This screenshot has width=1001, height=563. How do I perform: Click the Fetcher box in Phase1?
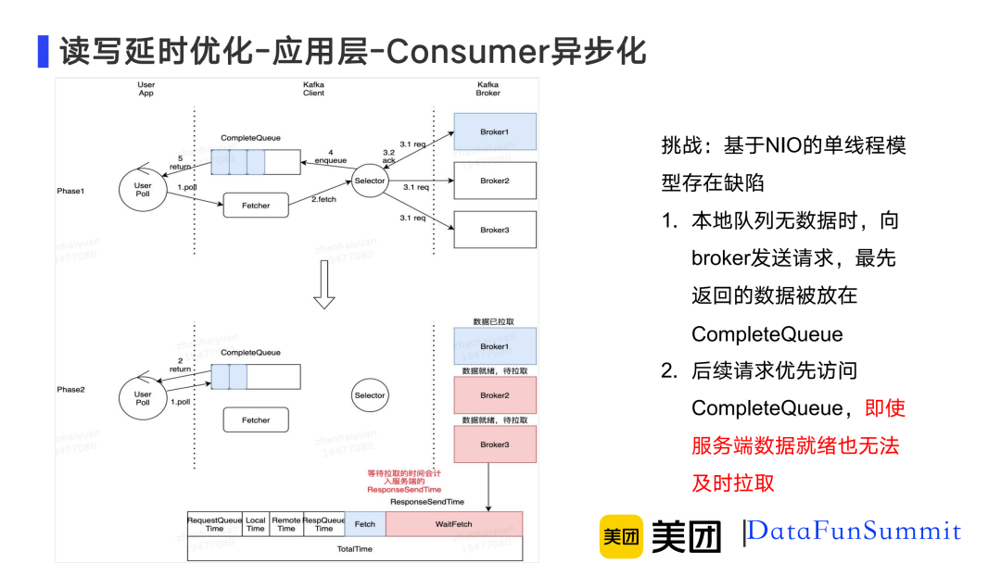tap(257, 206)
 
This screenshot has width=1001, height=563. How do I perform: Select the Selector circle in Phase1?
tap(370, 181)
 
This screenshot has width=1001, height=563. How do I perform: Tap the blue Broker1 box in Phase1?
tap(495, 131)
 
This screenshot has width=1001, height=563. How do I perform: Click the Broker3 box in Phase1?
tap(495, 230)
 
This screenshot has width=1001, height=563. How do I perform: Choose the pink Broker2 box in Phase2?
tap(495, 395)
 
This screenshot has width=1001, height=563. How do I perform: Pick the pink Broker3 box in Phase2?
tap(495, 444)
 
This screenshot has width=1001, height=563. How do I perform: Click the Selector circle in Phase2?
tap(370, 395)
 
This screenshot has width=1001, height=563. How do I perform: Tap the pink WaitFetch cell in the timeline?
tap(454, 524)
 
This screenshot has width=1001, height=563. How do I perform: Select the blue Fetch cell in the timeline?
tap(365, 524)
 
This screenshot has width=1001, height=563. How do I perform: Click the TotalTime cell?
tap(354, 549)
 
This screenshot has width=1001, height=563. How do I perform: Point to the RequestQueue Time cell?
tap(215, 524)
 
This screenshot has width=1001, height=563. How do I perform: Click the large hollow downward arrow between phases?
tap(323, 285)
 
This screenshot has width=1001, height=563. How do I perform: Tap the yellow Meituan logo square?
tap(621, 535)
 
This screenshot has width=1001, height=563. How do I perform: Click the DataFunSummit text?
tap(855, 532)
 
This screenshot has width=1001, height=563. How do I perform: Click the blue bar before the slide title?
tap(43, 51)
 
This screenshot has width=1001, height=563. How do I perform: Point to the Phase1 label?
tap(70, 191)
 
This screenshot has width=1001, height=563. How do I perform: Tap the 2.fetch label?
tap(324, 200)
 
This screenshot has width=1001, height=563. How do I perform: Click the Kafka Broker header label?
tap(488, 89)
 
